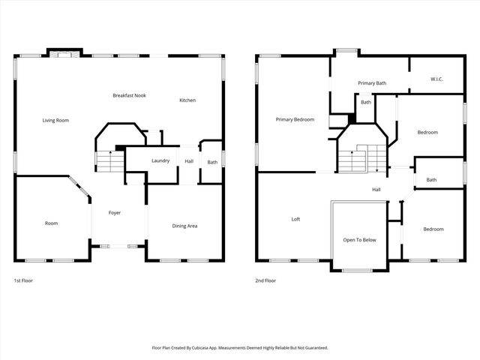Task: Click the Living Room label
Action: coord(56,120)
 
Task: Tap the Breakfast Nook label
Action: coord(129,95)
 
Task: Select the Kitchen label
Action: coord(187,100)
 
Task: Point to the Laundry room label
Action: coord(160,160)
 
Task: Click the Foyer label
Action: coord(115,213)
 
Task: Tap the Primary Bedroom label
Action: coord(295,119)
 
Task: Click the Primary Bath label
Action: coord(372,83)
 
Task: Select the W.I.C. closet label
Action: coord(438,79)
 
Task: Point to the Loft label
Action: coord(295,220)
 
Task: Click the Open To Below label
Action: coord(359,240)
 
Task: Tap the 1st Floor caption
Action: coord(23,280)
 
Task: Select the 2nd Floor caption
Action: coord(265,280)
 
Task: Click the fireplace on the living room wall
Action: coord(63,53)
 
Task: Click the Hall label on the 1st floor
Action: coord(189,160)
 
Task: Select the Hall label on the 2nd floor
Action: coord(376,190)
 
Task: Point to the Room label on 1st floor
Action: coord(51,223)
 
